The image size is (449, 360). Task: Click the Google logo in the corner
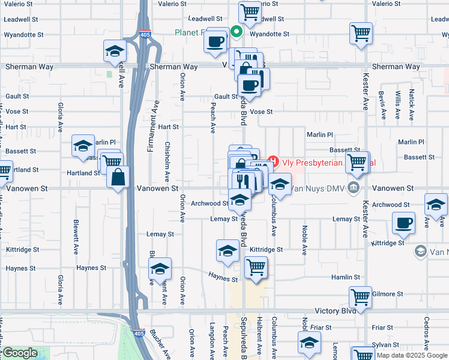tap(20, 353)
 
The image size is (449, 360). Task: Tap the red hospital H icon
tap(274, 161)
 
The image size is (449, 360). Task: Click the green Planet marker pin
tap(237, 32)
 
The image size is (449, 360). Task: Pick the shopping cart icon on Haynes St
tap(256, 267)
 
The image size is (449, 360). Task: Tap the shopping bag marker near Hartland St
tap(118, 177)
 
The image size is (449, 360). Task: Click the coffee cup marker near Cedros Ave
tap(403, 223)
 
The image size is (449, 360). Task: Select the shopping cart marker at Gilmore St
tap(361, 297)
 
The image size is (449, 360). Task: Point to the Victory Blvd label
tap(336, 311)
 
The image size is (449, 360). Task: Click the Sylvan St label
tap(382, 344)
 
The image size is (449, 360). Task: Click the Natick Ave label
tap(412, 104)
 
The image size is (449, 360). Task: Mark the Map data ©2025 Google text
tap(411, 355)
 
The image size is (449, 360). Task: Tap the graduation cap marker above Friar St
tap(309, 342)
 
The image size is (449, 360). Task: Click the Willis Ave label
tap(397, 105)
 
